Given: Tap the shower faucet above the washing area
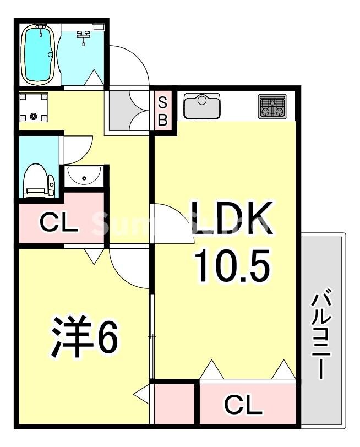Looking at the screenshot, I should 84,36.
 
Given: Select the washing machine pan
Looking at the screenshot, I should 33,107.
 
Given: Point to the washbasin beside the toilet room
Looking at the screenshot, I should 84,177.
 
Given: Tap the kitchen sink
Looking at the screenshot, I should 202,106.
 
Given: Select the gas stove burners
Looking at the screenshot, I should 272,106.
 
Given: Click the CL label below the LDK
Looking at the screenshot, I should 243,406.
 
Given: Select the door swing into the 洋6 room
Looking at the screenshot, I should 129,267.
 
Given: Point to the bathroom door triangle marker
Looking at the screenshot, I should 94,77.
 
